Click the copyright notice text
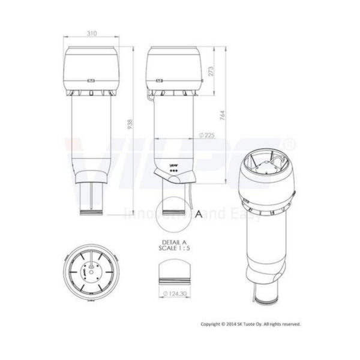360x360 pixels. pos(250,323)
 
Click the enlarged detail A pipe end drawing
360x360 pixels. pos(173,274)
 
